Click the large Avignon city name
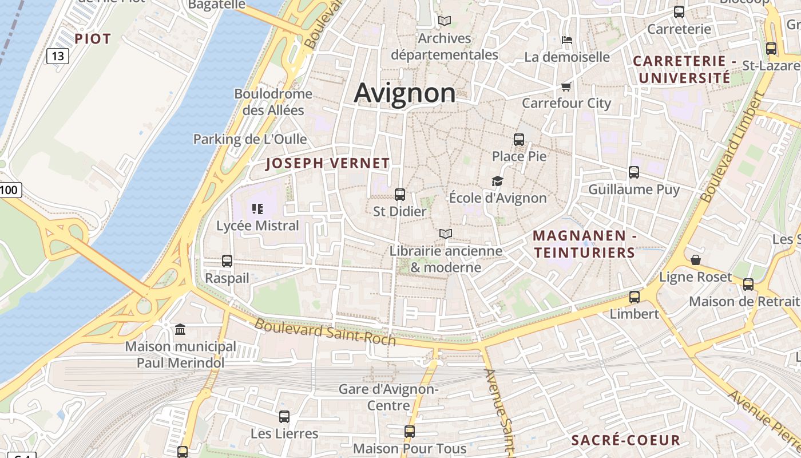pyautogui.click(x=405, y=93)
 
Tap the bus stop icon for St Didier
pyautogui.click(x=400, y=195)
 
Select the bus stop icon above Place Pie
pyautogui.click(x=519, y=139)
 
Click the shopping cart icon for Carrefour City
pyautogui.click(x=566, y=86)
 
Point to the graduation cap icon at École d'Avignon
pyautogui.click(x=498, y=181)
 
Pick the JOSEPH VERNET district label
pyautogui.click(x=328, y=163)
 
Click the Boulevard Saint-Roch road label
pyautogui.click(x=325, y=332)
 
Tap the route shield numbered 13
pyautogui.click(x=57, y=56)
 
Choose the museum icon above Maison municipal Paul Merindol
pyautogui.click(x=180, y=329)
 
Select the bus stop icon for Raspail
pyautogui.click(x=227, y=261)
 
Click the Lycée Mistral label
pyautogui.click(x=257, y=226)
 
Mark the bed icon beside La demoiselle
pyautogui.click(x=567, y=40)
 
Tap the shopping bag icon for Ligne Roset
pyautogui.click(x=696, y=260)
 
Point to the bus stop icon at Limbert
pyautogui.click(x=635, y=297)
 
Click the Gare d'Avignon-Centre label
pyautogui.click(x=388, y=397)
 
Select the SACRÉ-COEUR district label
pyautogui.click(x=626, y=440)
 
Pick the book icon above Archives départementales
pyautogui.click(x=445, y=21)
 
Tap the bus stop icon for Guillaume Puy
pyautogui.click(x=634, y=172)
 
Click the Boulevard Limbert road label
pyautogui.click(x=732, y=148)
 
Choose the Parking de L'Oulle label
pyautogui.click(x=250, y=139)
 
